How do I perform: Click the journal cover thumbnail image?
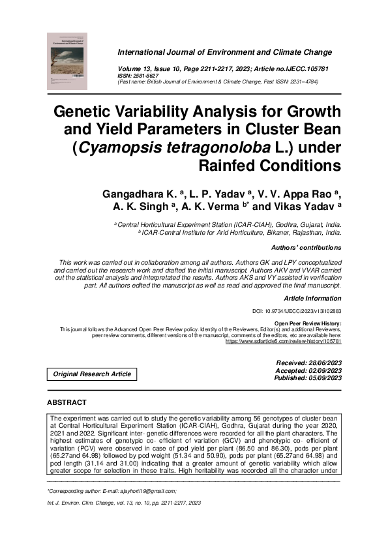pos(68,61)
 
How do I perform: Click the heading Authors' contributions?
pos(305,248)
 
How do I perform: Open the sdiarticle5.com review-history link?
pos(283,341)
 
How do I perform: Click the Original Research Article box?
pos(92,374)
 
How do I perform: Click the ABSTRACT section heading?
pos(68,402)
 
